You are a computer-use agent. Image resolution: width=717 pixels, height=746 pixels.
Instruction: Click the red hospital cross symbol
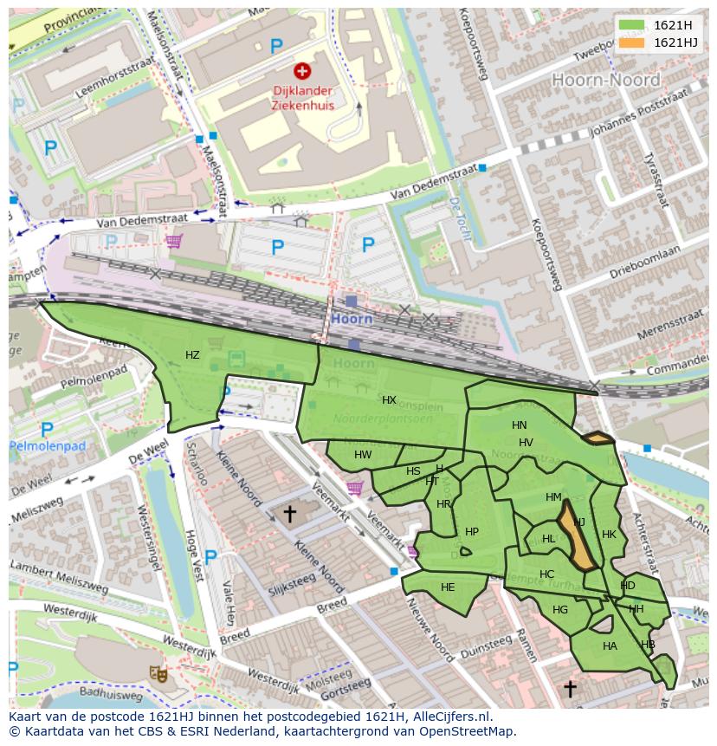(302, 71)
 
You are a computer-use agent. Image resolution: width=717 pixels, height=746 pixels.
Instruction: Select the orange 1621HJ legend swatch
(632, 42)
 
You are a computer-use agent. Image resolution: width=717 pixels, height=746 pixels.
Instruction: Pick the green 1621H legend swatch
(632, 25)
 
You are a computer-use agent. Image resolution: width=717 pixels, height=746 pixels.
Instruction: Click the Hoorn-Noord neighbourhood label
(605, 80)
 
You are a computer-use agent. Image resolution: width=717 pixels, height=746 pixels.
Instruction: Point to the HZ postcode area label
(192, 355)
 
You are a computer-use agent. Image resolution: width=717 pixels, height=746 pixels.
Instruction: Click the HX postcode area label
(389, 400)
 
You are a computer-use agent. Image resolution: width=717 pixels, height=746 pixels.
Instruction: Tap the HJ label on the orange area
(579, 522)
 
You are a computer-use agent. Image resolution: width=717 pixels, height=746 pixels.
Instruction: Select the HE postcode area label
(448, 587)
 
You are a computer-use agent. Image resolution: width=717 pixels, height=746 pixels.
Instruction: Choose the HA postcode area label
(610, 646)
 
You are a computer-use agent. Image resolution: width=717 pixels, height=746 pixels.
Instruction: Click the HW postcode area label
(363, 455)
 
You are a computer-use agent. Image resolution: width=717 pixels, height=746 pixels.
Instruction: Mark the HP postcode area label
(472, 532)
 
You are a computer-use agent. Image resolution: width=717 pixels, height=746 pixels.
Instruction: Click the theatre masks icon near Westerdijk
(158, 672)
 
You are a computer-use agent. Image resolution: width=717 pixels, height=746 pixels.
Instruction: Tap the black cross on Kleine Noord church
(289, 514)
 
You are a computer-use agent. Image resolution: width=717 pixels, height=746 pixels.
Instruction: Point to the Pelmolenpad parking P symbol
(47, 429)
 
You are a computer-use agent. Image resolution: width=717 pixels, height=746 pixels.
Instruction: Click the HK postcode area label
(609, 535)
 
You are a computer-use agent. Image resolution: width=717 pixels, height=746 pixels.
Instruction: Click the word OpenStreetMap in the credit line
(470, 732)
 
